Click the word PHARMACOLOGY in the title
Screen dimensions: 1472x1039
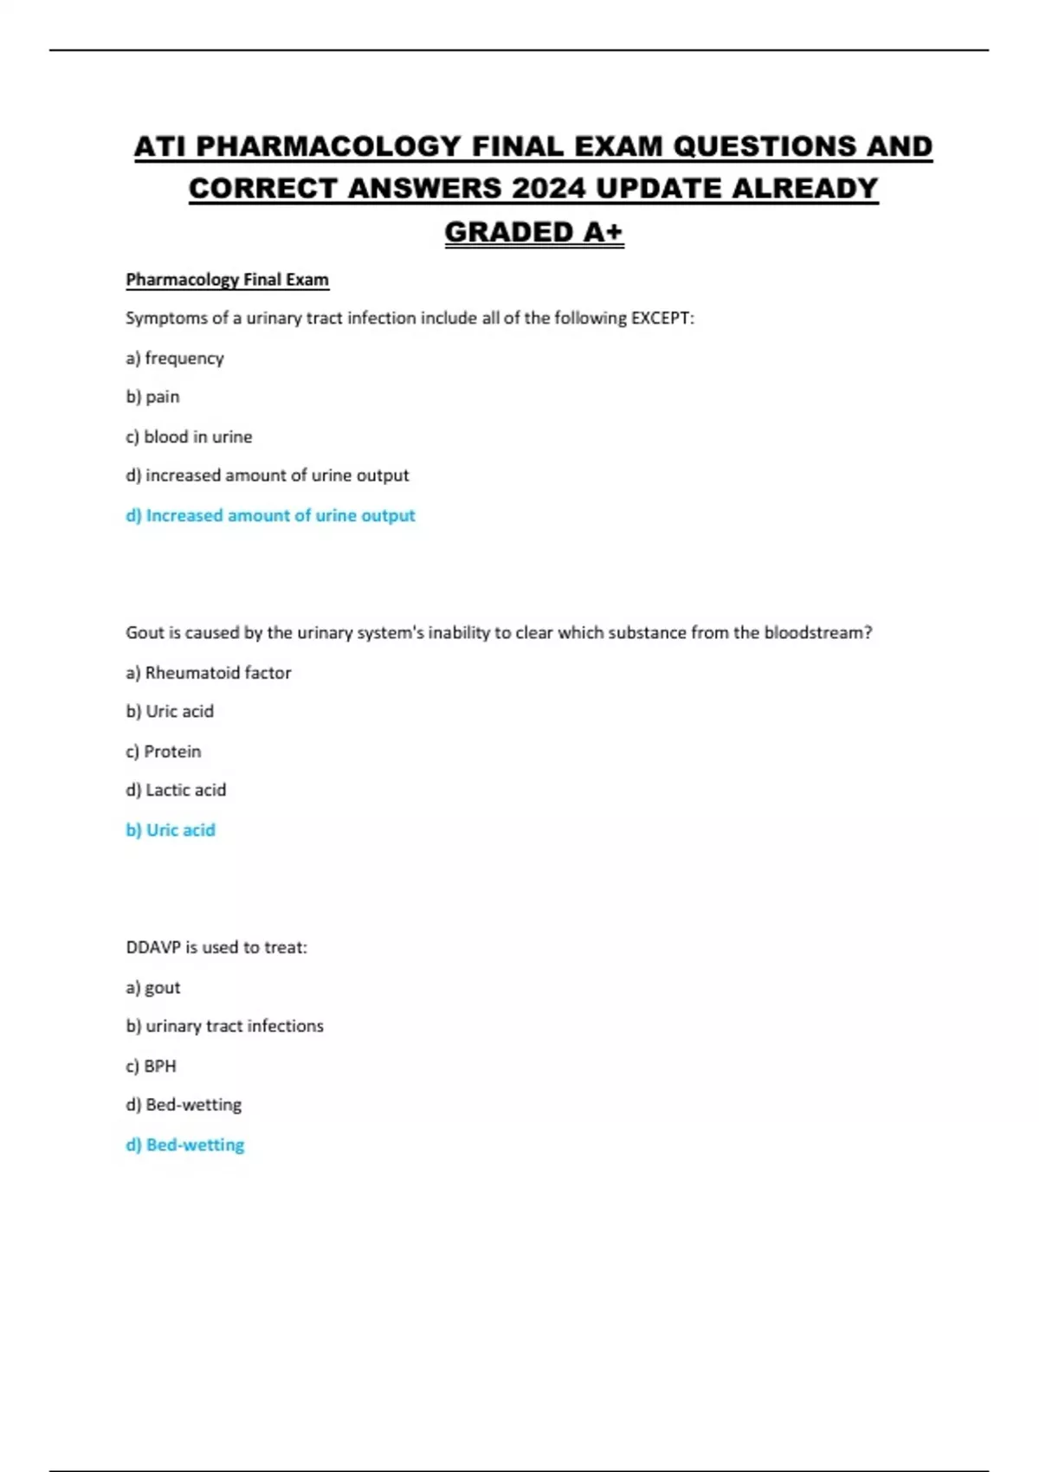point(328,146)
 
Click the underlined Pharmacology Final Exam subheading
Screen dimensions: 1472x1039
point(227,280)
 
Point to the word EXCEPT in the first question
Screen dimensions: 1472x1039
point(661,318)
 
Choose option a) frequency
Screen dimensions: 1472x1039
point(175,358)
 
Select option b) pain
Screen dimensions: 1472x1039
point(153,397)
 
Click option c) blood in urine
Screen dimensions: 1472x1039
point(189,436)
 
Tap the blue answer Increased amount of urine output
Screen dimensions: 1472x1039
point(270,515)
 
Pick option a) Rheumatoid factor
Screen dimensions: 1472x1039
point(209,673)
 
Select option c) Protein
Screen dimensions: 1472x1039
point(164,752)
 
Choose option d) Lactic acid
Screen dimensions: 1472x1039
point(176,790)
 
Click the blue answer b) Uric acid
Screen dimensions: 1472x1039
point(171,830)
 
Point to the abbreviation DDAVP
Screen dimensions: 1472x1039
point(152,947)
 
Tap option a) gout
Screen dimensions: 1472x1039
point(153,987)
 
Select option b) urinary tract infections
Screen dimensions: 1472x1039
point(224,1026)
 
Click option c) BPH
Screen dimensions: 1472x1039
point(152,1066)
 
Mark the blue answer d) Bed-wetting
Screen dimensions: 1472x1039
point(185,1145)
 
